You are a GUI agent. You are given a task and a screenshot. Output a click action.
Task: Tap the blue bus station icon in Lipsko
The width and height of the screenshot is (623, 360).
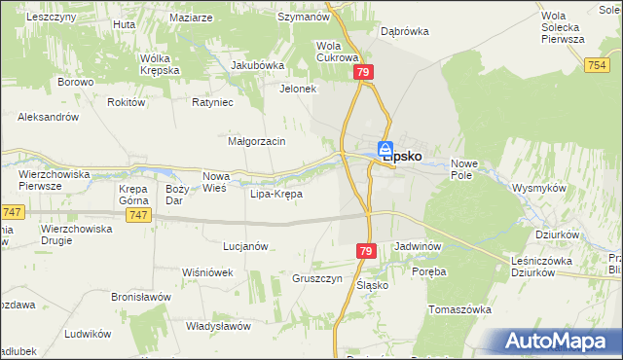[385, 149]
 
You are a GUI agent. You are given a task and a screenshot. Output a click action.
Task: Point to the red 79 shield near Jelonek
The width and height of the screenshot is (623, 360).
[363, 73]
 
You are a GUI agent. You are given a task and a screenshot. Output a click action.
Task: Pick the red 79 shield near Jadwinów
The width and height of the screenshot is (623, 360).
[365, 251]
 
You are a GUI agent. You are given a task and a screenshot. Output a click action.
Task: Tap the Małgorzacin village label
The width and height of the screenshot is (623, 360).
[256, 141]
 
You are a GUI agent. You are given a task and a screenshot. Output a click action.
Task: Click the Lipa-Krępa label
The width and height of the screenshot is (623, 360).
[276, 194]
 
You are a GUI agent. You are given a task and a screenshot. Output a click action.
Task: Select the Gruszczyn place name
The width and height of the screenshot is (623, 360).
[317, 277]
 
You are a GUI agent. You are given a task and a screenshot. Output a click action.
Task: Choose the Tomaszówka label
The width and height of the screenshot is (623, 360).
[459, 308]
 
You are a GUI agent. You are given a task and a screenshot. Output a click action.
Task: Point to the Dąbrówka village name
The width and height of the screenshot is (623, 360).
[405, 31]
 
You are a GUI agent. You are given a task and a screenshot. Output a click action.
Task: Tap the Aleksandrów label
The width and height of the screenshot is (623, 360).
[48, 116]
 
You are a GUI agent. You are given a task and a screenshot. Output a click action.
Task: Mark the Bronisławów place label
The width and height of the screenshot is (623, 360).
[141, 296]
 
